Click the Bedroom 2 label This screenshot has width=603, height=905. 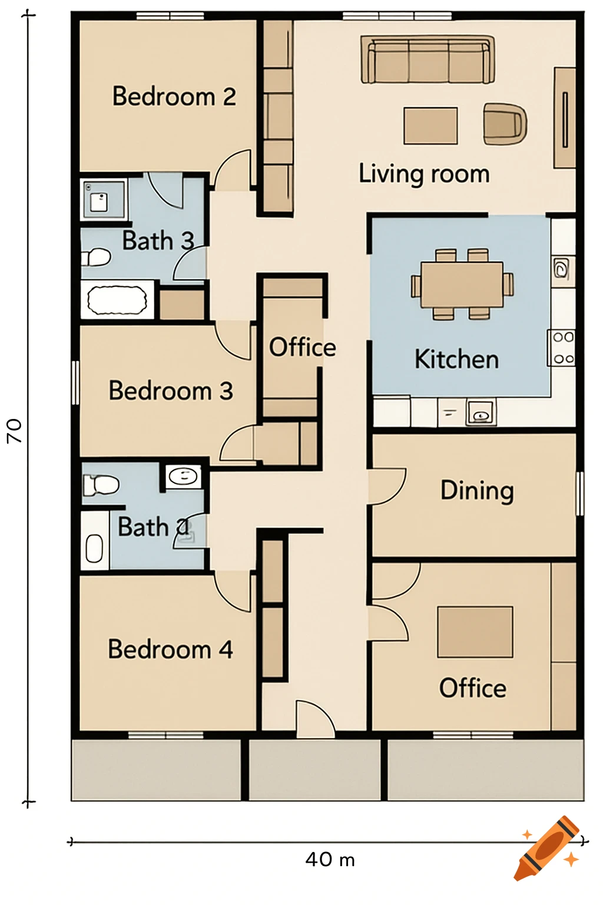[174, 97]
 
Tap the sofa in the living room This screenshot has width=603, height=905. [428, 60]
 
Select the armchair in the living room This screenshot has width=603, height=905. [505, 124]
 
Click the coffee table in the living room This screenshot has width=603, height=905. [430, 125]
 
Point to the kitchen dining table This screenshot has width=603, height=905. [462, 285]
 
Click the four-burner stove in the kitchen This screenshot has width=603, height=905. [562, 348]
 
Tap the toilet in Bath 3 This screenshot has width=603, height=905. [96, 257]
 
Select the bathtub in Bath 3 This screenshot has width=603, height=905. [117, 300]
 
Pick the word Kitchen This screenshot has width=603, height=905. [456, 359]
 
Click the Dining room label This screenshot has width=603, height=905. [477, 491]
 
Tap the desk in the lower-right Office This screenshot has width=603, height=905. [475, 632]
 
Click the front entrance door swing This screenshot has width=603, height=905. [315, 719]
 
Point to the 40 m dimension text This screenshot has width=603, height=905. [330, 860]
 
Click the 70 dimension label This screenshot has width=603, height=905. [14, 431]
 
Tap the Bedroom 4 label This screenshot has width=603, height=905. [170, 649]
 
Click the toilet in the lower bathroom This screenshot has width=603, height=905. [100, 485]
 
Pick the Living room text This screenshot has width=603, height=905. [424, 174]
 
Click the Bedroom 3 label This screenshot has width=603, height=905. [171, 391]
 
